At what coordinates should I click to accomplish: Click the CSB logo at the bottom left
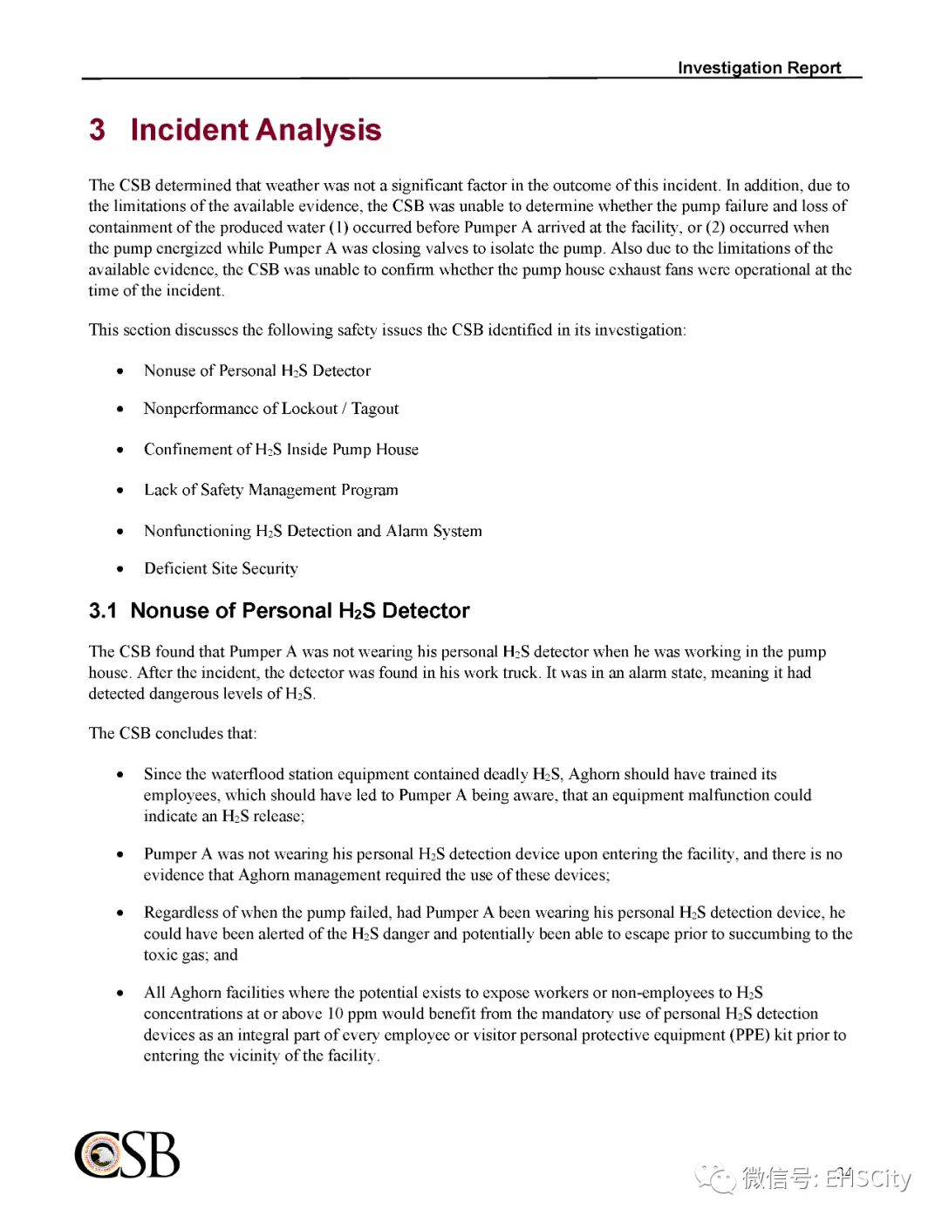click(x=127, y=1155)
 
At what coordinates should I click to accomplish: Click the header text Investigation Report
click(x=759, y=68)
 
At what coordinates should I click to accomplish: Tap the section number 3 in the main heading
click(x=97, y=130)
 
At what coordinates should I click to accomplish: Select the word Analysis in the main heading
click(x=318, y=130)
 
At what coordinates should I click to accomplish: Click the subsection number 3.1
click(x=103, y=611)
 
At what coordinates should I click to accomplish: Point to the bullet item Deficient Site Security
click(x=221, y=569)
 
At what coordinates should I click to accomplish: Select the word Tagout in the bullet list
click(x=375, y=409)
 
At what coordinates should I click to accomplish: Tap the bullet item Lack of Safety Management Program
click(x=270, y=490)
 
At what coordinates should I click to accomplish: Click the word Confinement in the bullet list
click(x=186, y=450)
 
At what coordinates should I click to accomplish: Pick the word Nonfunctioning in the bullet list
click(x=197, y=531)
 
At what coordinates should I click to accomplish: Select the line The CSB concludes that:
click(x=173, y=733)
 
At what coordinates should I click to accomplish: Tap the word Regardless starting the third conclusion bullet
click(x=181, y=913)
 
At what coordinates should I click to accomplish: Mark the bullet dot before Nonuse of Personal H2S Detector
click(x=120, y=371)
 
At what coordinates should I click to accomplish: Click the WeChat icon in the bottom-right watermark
click(x=716, y=1178)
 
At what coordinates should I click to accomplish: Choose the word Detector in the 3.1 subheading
click(x=426, y=611)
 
